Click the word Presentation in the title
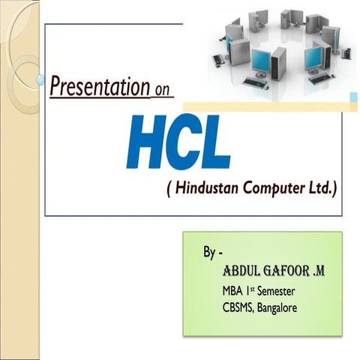coord(100,86)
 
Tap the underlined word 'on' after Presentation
coord(161,91)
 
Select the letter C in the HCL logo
coord(184,142)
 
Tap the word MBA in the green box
coord(234,291)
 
